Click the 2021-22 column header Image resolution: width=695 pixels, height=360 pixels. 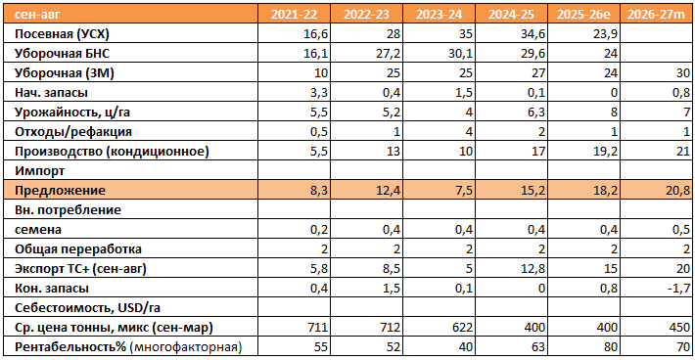coord(294,14)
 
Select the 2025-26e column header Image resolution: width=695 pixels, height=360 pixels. coord(583,14)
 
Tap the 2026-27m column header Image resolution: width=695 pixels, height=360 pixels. coord(656,14)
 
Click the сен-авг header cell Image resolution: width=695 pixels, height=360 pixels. coord(37,15)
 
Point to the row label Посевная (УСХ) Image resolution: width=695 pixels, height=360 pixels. coord(62,34)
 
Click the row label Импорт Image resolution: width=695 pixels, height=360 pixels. coord(39,171)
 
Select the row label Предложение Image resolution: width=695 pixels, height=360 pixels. coord(60,191)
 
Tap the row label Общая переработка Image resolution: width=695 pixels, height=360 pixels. coord(78,249)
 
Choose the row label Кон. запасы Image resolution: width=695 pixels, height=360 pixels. coord(52,289)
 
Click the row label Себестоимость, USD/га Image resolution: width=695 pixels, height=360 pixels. coord(87,308)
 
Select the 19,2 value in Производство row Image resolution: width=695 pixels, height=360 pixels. coord(606,152)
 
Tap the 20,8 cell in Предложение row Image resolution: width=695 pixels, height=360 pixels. coord(678,191)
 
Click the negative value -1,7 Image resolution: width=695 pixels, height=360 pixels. coord(679,289)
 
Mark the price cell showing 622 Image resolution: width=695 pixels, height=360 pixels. coord(462,328)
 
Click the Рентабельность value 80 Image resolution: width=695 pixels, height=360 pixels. coord(611,346)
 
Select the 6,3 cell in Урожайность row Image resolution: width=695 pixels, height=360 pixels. coord(536,112)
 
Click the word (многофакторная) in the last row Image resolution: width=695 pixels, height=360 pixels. coord(186,347)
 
